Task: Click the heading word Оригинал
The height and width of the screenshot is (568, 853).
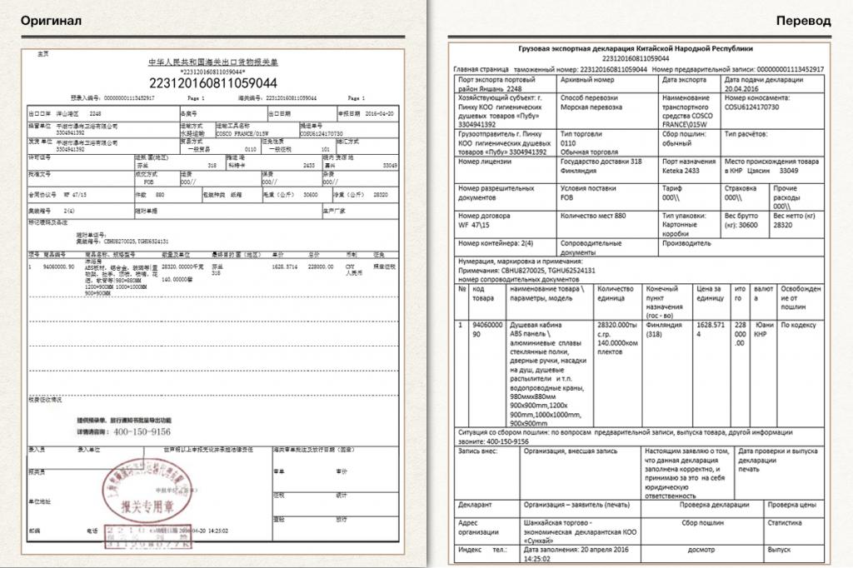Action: (51, 20)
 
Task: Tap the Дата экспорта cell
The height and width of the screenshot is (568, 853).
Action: (683, 80)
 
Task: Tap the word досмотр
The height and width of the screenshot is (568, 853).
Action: (701, 550)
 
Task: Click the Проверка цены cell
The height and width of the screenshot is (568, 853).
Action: (791, 504)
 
